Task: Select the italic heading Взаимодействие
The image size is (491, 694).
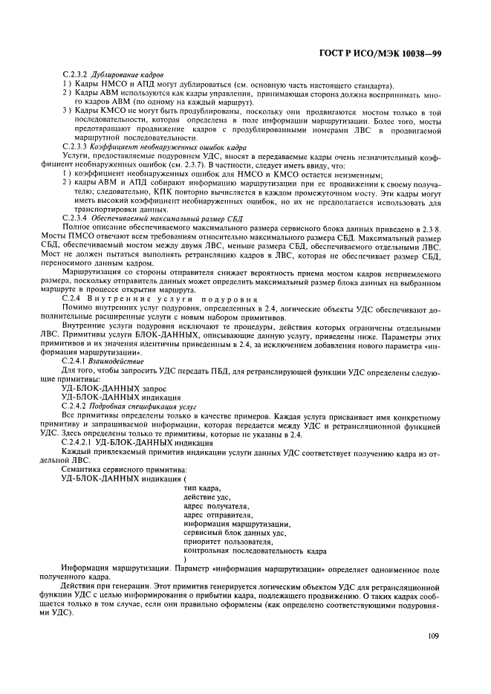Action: [x=117, y=360]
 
